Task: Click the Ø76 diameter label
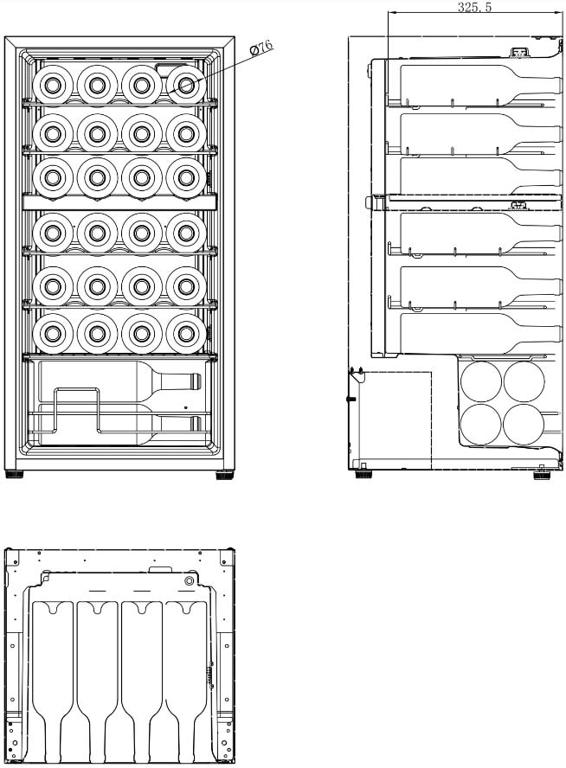(x=261, y=49)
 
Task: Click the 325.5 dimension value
(x=474, y=7)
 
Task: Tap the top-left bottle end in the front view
(x=53, y=86)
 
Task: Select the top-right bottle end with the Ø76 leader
(x=186, y=86)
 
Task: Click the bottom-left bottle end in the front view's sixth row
(x=53, y=334)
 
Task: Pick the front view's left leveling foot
(x=14, y=474)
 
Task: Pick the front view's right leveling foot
(x=225, y=474)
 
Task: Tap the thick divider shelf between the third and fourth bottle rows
(x=119, y=202)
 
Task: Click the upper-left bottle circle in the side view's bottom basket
(x=481, y=382)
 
